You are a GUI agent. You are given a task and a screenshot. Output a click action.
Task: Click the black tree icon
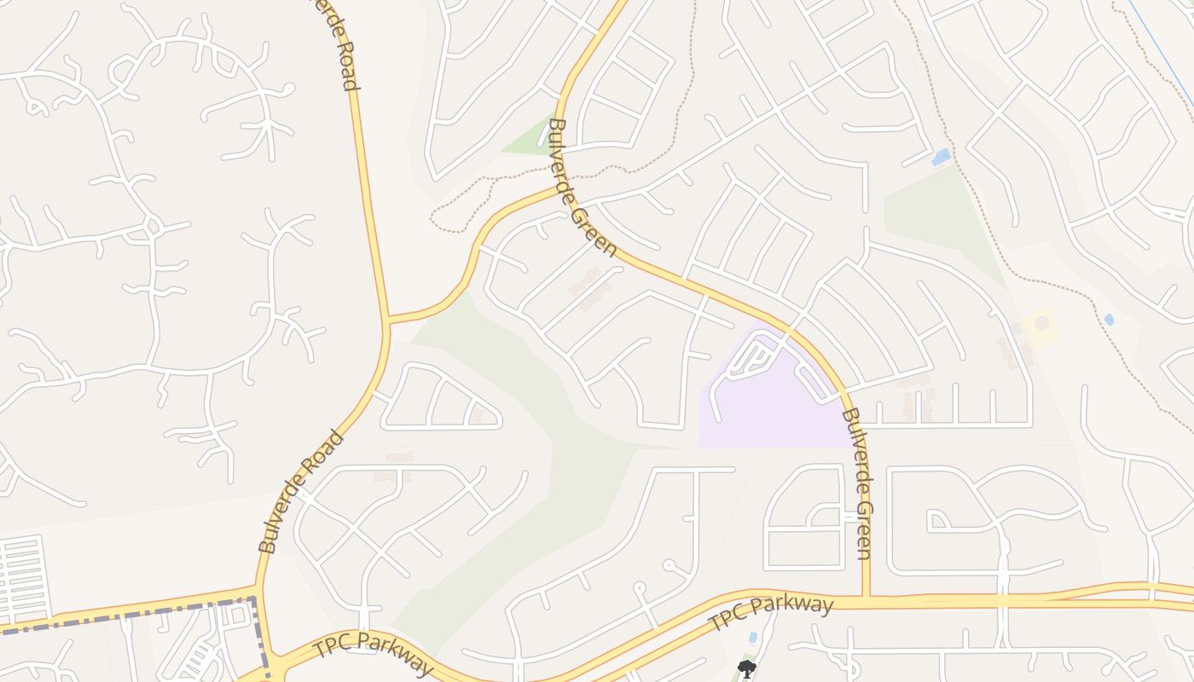[746, 668]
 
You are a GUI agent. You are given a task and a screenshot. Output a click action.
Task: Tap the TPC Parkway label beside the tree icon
[771, 614]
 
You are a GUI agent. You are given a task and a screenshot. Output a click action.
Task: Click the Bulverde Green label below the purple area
[856, 484]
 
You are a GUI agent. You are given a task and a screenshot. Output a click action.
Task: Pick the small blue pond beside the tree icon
[751, 638]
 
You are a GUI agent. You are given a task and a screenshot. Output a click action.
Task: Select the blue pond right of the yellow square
[1109, 320]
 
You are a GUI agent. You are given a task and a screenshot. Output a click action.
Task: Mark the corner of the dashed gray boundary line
[254, 601]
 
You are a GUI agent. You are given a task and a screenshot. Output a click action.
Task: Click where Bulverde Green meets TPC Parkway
[867, 599]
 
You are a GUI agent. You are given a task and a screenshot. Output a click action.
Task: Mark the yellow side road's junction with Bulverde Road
[388, 321]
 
